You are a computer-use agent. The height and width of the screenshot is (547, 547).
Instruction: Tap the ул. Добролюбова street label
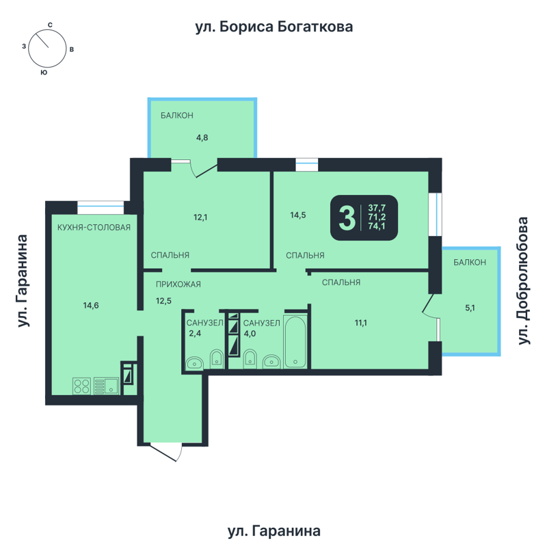(x=524, y=281)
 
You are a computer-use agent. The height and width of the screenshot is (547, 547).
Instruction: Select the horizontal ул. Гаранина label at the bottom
(x=273, y=531)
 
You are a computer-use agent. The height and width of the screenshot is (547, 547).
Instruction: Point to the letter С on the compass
(x=50, y=25)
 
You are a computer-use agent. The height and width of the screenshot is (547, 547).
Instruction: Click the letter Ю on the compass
(x=44, y=72)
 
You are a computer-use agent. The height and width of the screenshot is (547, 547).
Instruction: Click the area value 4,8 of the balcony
(x=202, y=137)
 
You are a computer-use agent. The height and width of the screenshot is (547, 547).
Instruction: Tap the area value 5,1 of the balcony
(x=470, y=308)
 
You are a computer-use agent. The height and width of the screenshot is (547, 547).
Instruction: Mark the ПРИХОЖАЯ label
(x=178, y=283)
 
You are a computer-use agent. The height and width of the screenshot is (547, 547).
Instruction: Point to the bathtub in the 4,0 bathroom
(x=296, y=342)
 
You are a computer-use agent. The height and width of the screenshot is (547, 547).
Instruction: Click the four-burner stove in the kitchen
(x=81, y=386)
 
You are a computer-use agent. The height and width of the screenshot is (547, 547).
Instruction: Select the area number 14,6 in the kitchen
(x=91, y=306)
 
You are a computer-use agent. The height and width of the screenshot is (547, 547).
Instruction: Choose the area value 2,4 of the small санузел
(x=195, y=334)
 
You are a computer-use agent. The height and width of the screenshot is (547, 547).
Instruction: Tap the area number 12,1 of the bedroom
(x=200, y=217)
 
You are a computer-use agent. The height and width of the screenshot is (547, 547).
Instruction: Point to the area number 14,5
(x=297, y=215)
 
